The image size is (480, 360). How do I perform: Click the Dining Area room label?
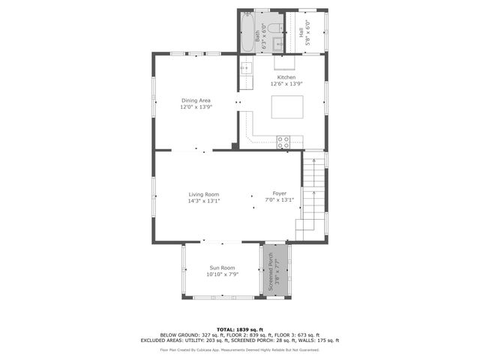click(x=196, y=100)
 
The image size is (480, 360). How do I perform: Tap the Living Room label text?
click(x=203, y=194)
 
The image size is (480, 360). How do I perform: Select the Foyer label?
click(x=279, y=193)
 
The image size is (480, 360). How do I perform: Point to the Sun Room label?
click(x=222, y=268)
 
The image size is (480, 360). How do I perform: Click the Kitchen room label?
click(x=286, y=77)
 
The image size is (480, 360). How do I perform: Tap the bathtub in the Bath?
click(x=247, y=33)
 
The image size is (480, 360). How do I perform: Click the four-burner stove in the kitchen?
click(x=283, y=140)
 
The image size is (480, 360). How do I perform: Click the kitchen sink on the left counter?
click(x=244, y=68)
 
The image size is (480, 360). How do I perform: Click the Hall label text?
click(x=301, y=34)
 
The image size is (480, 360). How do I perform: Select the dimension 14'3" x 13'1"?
click(x=203, y=200)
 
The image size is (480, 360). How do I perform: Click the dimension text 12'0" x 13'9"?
click(x=196, y=106)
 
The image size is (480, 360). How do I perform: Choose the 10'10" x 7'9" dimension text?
click(x=222, y=274)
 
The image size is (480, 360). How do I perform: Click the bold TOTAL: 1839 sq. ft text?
click(x=240, y=329)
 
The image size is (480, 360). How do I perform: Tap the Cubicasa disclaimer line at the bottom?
click(x=240, y=349)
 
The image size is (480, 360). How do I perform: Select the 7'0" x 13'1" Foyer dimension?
click(x=279, y=200)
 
